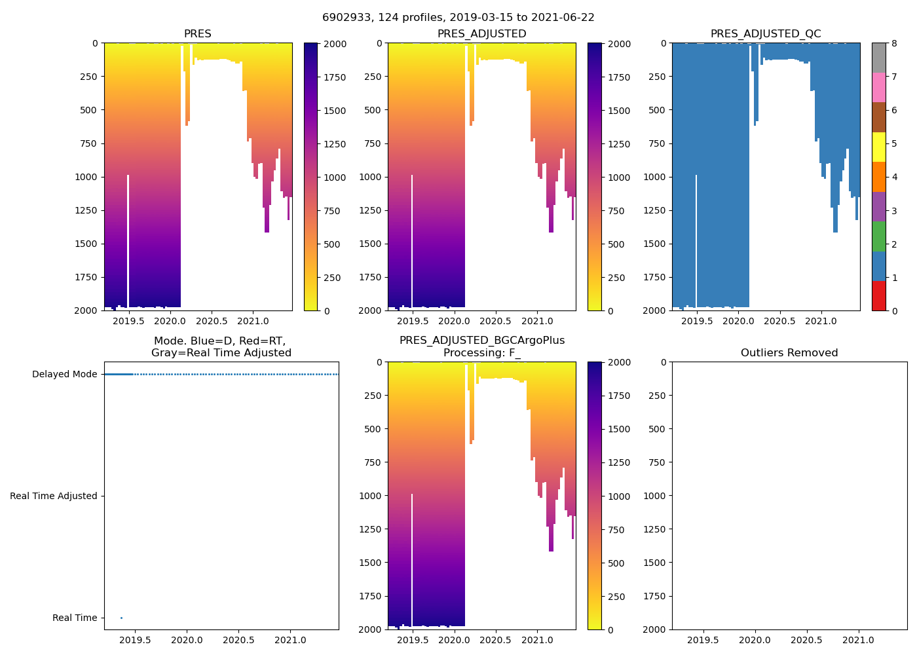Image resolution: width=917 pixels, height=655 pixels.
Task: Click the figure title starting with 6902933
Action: tap(458, 18)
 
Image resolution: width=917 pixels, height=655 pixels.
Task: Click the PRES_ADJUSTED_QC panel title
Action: tap(766, 34)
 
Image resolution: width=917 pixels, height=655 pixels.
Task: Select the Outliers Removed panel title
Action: tap(789, 353)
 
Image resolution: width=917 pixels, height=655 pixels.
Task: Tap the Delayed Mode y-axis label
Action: tap(64, 375)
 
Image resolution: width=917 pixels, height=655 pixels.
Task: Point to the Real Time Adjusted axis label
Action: tap(54, 496)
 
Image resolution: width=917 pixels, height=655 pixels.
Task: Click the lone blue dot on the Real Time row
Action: tap(121, 618)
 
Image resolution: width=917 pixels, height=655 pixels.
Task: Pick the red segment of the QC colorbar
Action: tap(878, 296)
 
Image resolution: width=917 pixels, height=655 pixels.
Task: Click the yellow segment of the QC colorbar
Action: tap(878, 147)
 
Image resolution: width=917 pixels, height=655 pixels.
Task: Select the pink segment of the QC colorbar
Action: tap(878, 88)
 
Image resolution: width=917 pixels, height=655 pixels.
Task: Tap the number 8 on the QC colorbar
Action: tap(894, 44)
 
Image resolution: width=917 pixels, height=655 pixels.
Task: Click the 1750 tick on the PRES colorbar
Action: tap(335, 77)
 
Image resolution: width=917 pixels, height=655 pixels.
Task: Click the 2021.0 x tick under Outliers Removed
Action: tap(858, 640)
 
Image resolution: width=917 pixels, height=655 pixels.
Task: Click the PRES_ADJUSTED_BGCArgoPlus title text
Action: tap(481, 341)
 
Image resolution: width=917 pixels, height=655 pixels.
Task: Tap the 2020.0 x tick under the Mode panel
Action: tap(187, 640)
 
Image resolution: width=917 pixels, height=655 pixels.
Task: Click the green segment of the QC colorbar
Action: tap(878, 236)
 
